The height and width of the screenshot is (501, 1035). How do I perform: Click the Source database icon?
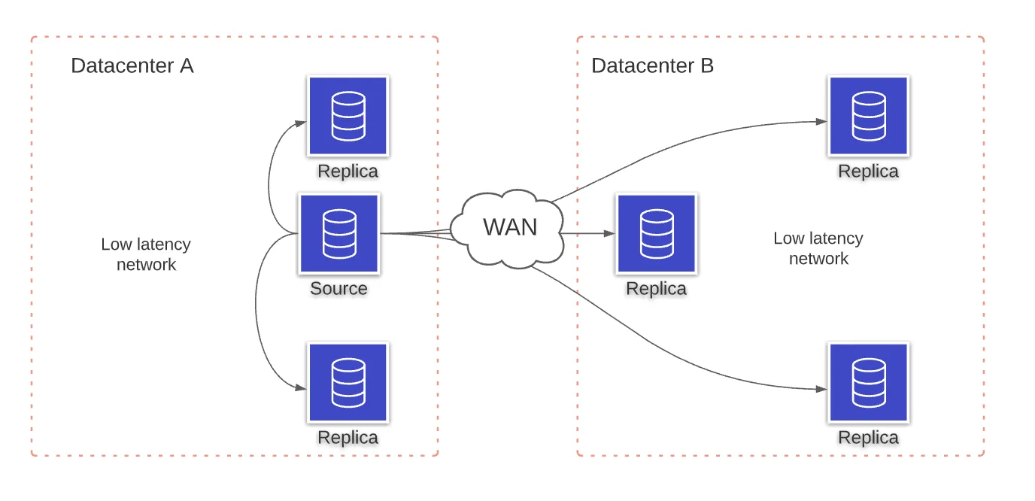(339, 233)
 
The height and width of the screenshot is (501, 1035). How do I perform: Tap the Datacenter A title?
(132, 65)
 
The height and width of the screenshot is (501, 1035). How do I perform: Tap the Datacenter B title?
(652, 65)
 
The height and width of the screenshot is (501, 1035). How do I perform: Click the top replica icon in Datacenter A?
(348, 116)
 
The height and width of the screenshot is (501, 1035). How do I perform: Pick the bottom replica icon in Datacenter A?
(348, 382)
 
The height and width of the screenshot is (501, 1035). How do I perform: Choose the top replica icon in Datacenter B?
(869, 116)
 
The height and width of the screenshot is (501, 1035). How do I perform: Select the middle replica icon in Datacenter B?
(657, 233)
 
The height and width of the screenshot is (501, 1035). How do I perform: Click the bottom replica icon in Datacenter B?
(869, 382)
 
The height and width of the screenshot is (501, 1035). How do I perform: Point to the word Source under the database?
(338, 288)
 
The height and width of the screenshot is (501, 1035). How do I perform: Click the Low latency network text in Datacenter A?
(146, 254)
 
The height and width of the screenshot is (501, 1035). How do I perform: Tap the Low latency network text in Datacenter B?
(818, 248)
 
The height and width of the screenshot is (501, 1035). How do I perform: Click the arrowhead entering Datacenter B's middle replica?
(610, 233)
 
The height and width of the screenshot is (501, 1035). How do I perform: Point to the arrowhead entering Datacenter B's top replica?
(822, 122)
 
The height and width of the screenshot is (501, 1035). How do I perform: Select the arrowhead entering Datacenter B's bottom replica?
(822, 389)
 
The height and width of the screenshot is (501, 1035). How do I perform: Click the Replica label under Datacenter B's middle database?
(656, 288)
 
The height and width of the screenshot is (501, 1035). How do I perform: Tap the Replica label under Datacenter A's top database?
(348, 171)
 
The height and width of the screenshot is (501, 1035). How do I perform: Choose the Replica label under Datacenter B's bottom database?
(868, 437)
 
